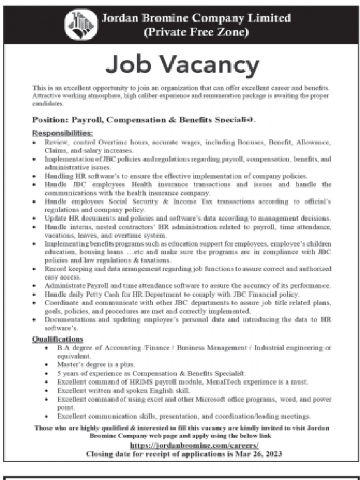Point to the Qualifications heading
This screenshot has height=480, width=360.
tap(58, 339)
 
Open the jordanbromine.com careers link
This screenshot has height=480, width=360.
tap(194, 445)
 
